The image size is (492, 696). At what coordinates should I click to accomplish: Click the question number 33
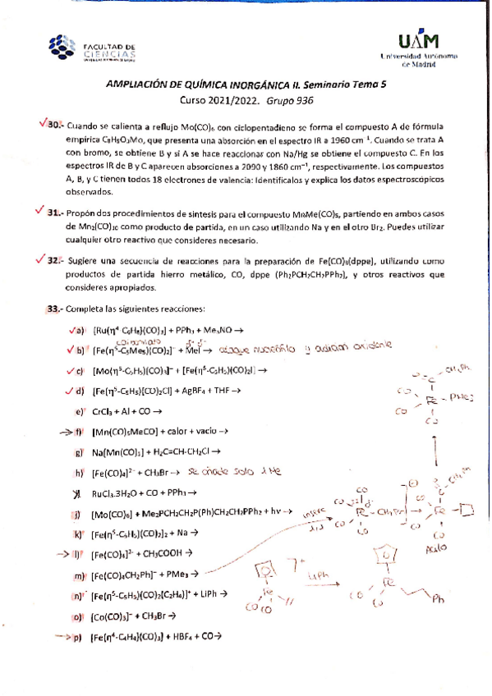(x=55, y=309)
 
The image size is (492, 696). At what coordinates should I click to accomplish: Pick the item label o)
(x=79, y=616)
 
